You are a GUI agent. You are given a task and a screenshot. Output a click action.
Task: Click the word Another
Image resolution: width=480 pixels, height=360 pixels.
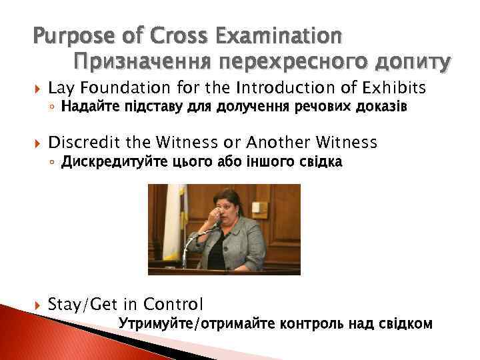pos(276,142)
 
